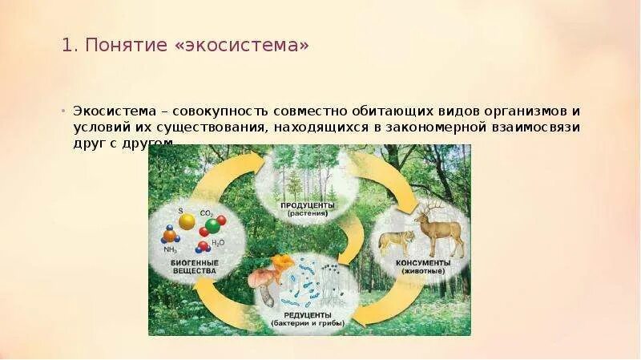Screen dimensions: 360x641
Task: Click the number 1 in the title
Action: click(x=67, y=47)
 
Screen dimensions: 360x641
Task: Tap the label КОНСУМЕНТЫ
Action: click(x=422, y=262)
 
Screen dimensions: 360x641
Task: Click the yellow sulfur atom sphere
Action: click(x=187, y=220)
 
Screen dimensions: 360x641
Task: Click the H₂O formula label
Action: click(x=218, y=243)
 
